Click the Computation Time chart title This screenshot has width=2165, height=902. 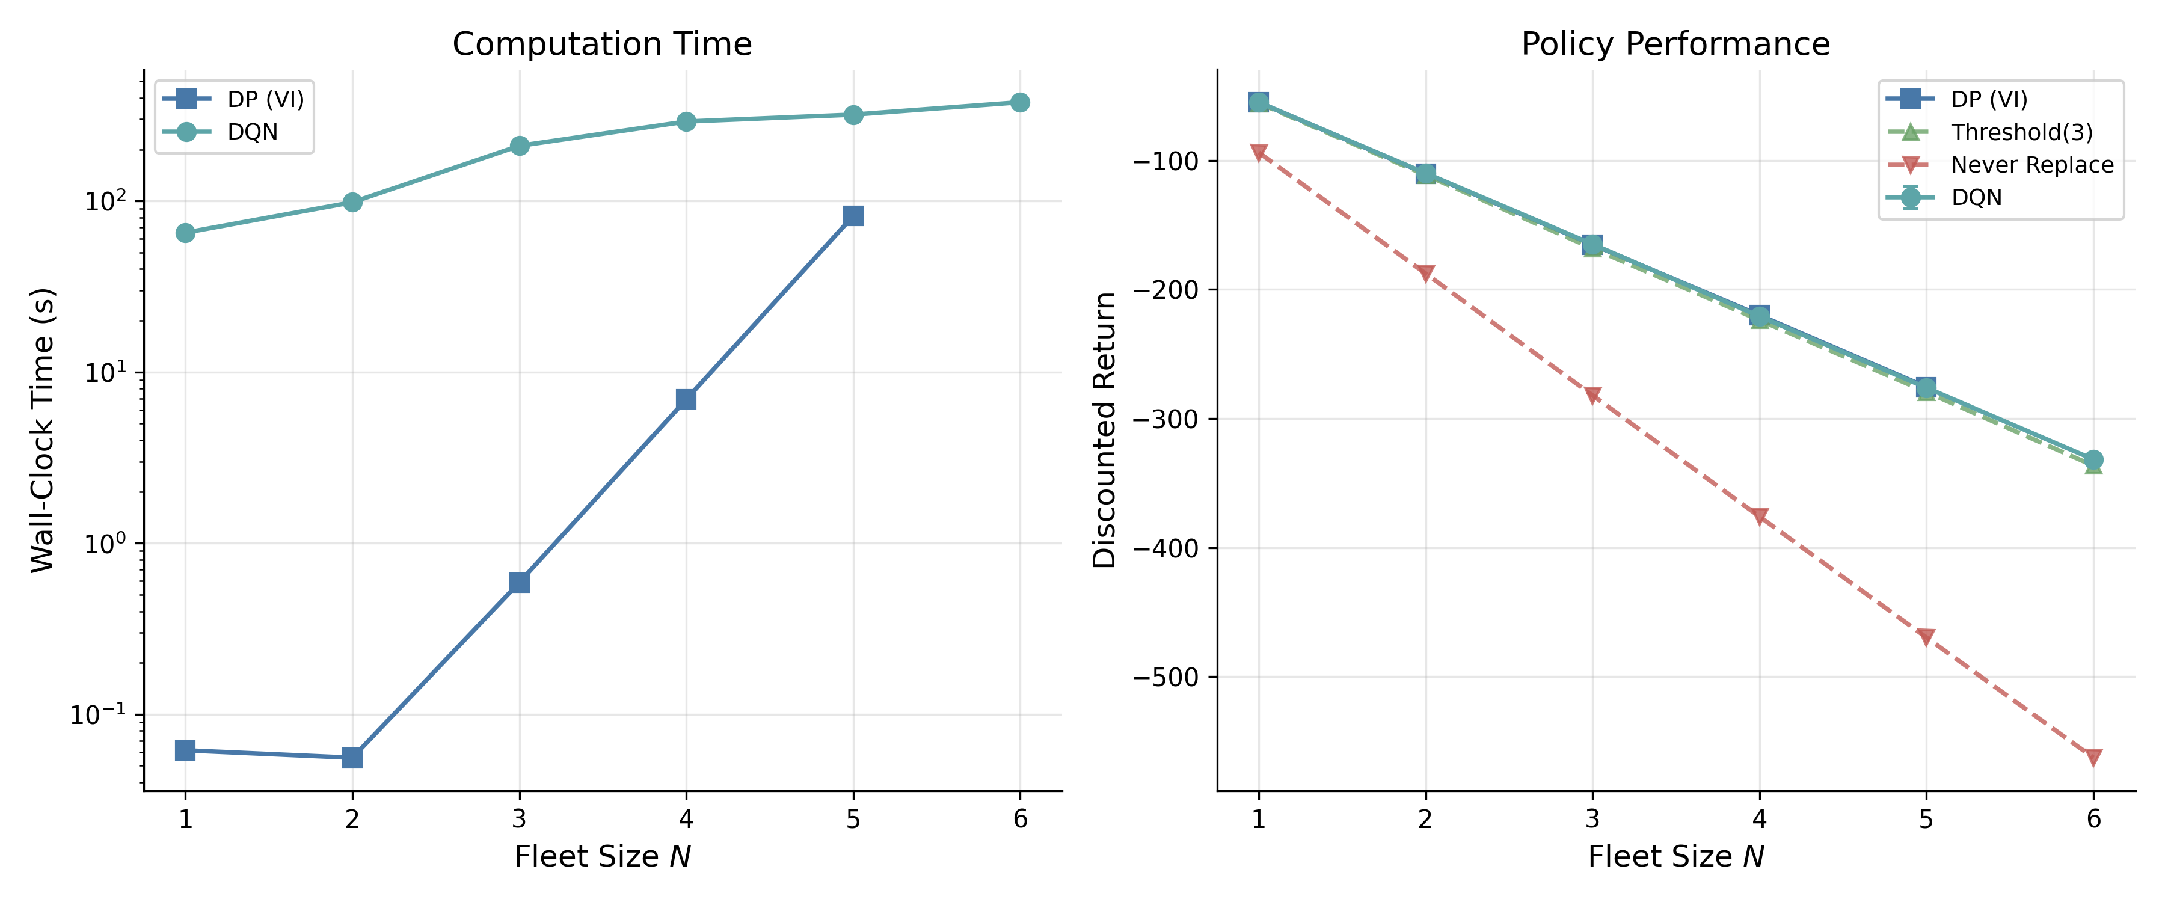(x=602, y=44)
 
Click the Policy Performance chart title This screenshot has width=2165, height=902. (x=1675, y=44)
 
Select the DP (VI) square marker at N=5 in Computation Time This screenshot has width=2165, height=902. (x=853, y=216)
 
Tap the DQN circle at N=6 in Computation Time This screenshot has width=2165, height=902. (x=1019, y=103)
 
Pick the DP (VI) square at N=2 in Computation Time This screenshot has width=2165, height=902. (x=352, y=758)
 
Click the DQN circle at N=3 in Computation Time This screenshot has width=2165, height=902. (x=520, y=146)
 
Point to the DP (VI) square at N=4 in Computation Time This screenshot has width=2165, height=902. (x=686, y=399)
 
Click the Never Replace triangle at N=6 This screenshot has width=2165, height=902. (x=2093, y=758)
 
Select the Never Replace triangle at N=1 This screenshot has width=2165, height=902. (x=1258, y=153)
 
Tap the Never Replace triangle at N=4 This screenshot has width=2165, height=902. (x=1759, y=516)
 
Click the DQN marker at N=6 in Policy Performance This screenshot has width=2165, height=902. (x=2093, y=460)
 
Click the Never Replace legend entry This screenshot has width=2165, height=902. (x=2000, y=165)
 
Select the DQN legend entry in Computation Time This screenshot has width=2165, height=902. (x=220, y=132)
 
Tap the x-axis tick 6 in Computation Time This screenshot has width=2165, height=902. (x=1021, y=819)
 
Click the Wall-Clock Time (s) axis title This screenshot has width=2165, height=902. (x=43, y=431)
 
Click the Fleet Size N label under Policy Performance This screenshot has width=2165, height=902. (x=1675, y=857)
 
